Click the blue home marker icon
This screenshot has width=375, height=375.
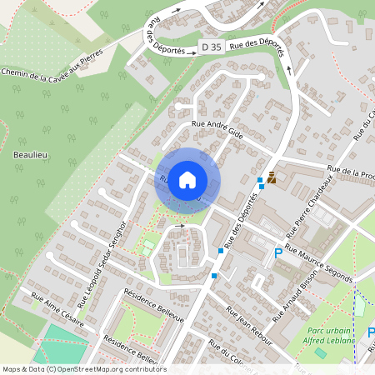pos(187,179)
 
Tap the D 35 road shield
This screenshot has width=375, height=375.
pos(210,48)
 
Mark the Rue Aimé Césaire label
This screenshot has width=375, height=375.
pos(57,309)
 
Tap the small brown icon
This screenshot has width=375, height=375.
pos(271,177)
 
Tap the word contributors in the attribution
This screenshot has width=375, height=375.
pos(143,369)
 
